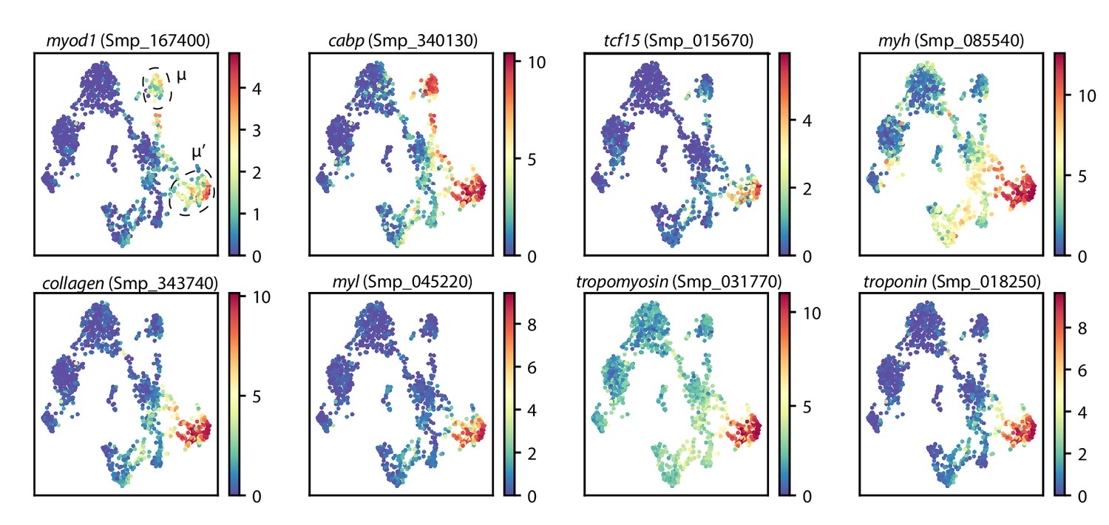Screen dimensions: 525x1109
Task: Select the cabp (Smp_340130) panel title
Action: (402, 42)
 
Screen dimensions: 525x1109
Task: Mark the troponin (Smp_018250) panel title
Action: (952, 282)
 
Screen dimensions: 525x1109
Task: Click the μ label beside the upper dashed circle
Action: (181, 75)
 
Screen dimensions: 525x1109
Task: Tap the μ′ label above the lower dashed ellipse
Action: (198, 153)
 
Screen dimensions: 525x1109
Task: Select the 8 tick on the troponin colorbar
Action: (1083, 325)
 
